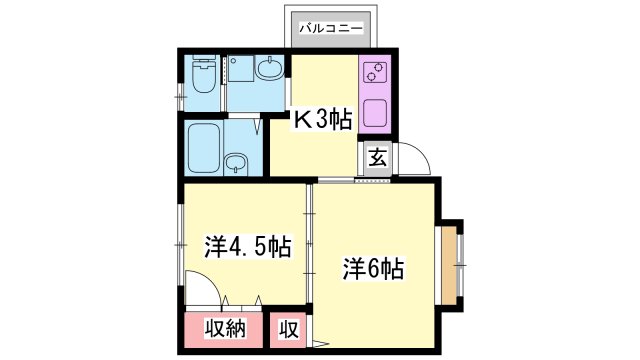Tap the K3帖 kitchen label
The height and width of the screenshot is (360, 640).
tap(322, 120)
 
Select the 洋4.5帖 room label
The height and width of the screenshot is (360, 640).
tap(247, 246)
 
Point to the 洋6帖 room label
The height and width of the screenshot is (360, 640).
tap(375, 268)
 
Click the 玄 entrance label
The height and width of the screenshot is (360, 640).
tap(377, 158)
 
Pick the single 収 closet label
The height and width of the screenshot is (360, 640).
tap(288, 329)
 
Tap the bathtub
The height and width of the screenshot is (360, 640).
tap(205, 147)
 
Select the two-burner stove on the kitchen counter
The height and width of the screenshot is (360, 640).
tap(374, 73)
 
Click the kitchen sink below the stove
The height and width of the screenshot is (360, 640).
tap(374, 110)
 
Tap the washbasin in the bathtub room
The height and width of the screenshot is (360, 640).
tap(237, 163)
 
